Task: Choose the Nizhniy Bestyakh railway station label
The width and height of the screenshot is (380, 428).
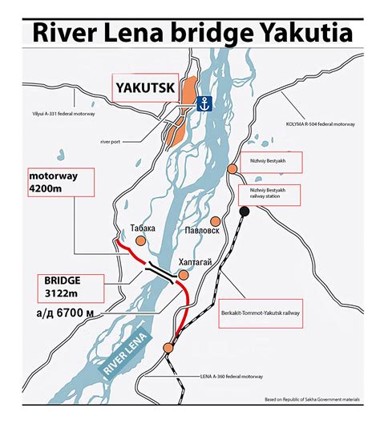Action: click(270, 194)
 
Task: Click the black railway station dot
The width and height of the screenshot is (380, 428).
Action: click(243, 211)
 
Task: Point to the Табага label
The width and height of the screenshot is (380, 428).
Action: click(142, 228)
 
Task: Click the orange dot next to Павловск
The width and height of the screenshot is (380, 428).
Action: click(215, 221)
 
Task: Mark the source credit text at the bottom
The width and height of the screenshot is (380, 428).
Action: click(317, 399)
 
